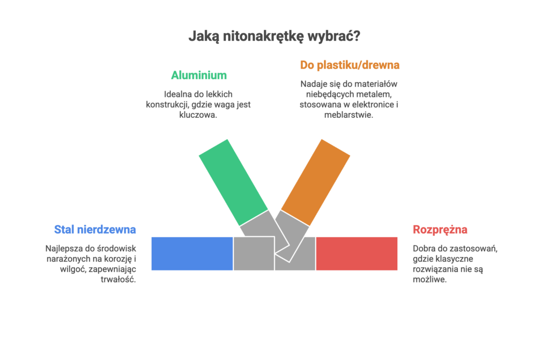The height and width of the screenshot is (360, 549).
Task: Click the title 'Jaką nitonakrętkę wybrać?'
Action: [274, 36]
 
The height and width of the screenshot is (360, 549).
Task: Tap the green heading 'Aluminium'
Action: [198, 75]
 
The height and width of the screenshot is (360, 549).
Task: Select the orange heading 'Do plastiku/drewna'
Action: [350, 65]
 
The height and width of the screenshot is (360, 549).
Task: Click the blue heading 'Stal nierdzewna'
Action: [95, 229]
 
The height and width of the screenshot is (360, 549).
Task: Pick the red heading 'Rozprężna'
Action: [440, 229]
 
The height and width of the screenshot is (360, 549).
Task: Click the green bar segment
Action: [233, 181]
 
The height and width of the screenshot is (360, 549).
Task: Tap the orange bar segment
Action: [316, 181]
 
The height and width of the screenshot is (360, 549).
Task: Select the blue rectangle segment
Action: [191, 253]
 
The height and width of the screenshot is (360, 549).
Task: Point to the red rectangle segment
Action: [357, 253]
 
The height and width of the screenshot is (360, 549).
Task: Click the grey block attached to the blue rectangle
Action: [253, 253]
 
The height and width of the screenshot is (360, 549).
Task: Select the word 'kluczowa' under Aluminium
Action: [198, 115]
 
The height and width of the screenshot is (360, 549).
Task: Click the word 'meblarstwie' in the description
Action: [349, 115]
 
